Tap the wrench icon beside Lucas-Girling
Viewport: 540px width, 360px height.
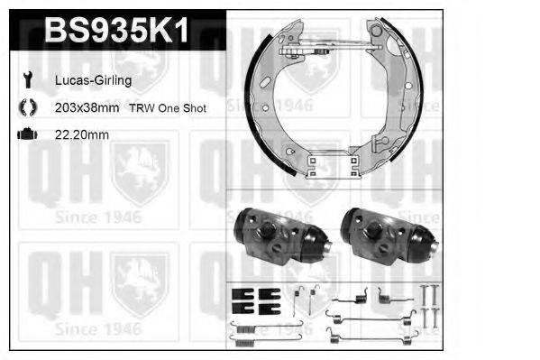click(x=25, y=80)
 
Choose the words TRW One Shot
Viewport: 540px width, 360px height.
click(x=169, y=108)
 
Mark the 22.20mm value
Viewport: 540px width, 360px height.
click(x=81, y=135)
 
